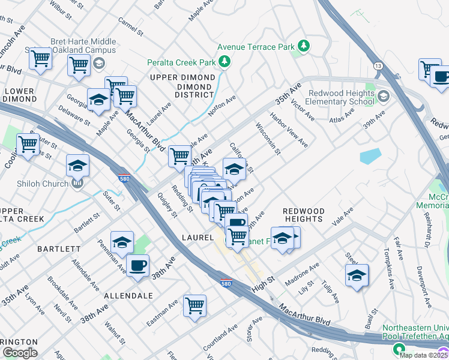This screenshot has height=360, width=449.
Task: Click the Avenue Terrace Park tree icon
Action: pos(304,46)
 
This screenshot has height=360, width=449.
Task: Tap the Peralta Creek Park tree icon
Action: pos(224,61)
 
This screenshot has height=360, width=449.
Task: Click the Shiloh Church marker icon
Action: pos(77,184)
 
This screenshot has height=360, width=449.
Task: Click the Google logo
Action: pos(20,352)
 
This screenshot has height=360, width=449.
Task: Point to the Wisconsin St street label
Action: pos(268,139)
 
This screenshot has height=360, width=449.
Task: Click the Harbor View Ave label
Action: pos(289,130)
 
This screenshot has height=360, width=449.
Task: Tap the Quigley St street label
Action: pos(166,205)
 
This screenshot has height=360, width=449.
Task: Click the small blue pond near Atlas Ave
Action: pos(370,155)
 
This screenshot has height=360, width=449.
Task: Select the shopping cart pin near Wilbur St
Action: pos(40,58)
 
